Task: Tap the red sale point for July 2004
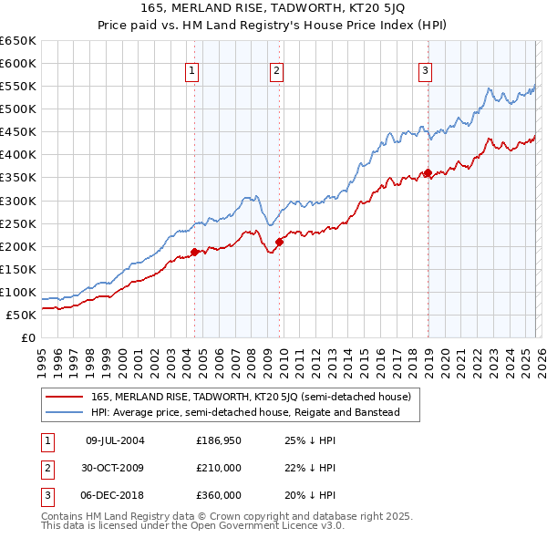click(x=194, y=252)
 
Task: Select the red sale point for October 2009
click(x=280, y=242)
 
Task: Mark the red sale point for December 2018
click(x=428, y=172)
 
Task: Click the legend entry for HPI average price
click(x=245, y=413)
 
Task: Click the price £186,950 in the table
click(x=219, y=440)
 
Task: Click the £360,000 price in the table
click(x=219, y=495)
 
